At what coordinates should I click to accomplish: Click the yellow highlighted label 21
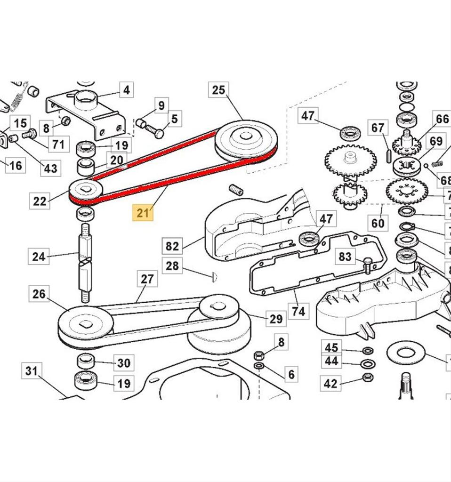(143, 213)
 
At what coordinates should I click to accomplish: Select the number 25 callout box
(218, 90)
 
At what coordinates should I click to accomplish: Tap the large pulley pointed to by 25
(246, 140)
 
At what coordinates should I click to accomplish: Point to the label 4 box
(126, 89)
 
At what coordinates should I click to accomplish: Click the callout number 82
(173, 246)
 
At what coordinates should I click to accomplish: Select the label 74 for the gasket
(298, 311)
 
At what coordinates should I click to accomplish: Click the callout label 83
(345, 257)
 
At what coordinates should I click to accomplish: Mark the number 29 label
(276, 319)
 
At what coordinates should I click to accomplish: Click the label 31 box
(31, 371)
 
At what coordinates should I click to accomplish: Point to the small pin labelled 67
(387, 155)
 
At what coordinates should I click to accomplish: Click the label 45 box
(331, 348)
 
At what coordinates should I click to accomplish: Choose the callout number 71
(58, 144)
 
